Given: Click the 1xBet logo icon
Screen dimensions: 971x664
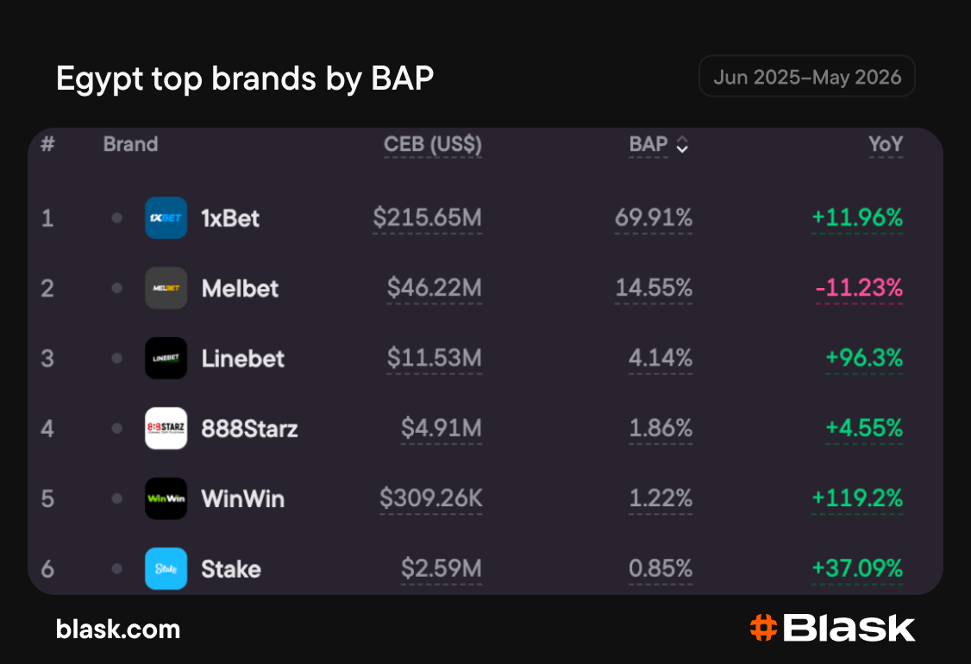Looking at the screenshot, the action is [x=166, y=217].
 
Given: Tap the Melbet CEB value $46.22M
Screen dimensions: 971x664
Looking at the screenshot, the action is [x=434, y=288].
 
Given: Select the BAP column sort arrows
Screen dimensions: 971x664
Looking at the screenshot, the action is [x=682, y=144].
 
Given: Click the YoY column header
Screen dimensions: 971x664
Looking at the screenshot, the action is [x=886, y=144].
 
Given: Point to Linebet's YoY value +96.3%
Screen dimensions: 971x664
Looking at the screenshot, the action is [x=864, y=358].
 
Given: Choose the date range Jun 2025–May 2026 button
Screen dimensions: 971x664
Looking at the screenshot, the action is [x=807, y=76].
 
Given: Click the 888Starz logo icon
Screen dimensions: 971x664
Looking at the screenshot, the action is [x=166, y=428].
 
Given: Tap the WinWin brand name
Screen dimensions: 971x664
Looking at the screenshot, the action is [x=243, y=498].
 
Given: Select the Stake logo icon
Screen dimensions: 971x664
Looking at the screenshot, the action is [x=166, y=568].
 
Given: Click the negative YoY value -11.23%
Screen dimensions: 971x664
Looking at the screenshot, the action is [x=859, y=288].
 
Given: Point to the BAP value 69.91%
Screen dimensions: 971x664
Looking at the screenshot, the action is [x=654, y=217].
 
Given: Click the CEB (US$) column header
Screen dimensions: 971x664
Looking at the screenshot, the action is [x=433, y=144].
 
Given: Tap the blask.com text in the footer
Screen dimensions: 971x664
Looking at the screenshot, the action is [x=118, y=630].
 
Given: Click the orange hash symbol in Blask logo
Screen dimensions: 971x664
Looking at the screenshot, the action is [x=763, y=628].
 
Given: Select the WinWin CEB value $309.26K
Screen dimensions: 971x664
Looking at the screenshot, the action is [x=431, y=498].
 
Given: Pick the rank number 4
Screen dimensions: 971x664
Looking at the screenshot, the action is [x=47, y=429].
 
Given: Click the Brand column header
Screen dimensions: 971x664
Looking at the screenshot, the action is [x=131, y=144].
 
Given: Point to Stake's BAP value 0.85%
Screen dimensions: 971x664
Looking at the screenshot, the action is [x=661, y=568].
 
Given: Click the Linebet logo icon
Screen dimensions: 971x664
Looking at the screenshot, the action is [x=166, y=358].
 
